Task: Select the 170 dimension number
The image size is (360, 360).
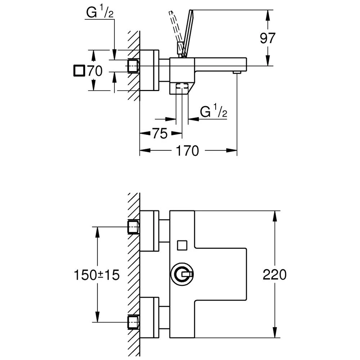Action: coord(187,151)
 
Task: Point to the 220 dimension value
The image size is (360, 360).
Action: coord(274,275)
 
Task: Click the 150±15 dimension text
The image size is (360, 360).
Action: coord(96,275)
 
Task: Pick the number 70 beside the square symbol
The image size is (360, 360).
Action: coord(95,71)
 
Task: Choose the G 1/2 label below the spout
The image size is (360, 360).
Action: coord(213,112)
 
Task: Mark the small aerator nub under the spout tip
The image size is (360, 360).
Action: coord(237,73)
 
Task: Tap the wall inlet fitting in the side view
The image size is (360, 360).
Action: coord(134,66)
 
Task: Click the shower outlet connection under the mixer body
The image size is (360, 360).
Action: coord(183,88)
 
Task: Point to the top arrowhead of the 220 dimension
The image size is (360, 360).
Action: coord(275,214)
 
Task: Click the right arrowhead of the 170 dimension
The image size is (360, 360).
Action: coord(234,150)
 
